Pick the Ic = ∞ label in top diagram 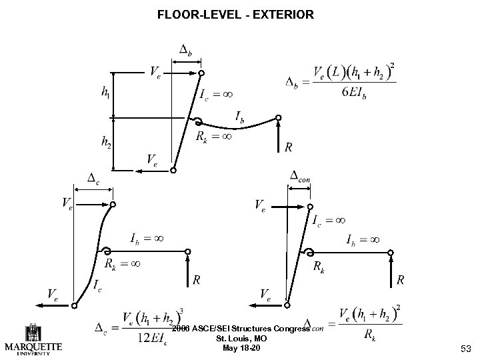point(216,94)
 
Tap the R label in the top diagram point(287,147)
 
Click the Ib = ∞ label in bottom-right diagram point(363,239)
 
